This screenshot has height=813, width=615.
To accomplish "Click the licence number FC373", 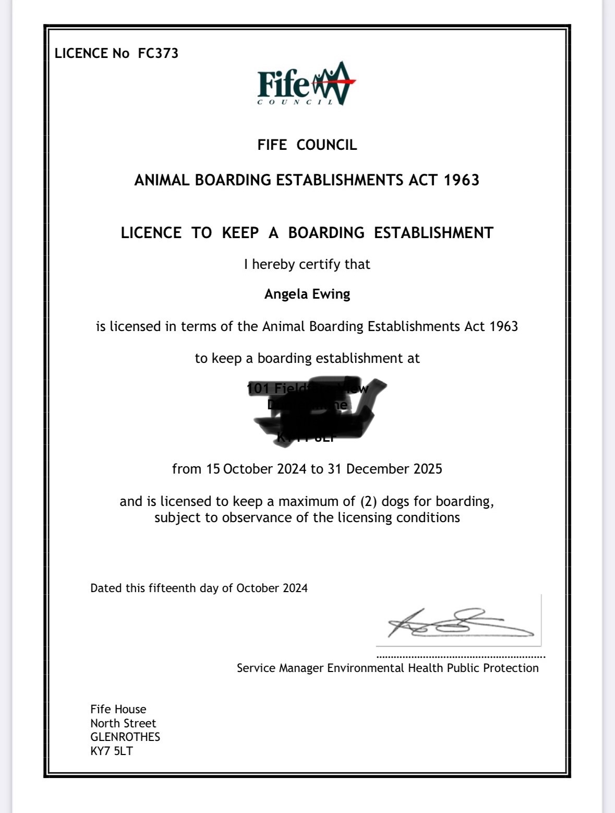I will click(158, 53).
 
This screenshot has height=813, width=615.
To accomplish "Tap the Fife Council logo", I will click(307, 84).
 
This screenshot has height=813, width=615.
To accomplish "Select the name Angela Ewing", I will click(307, 294).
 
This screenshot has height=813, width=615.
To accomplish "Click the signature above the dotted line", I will click(459, 623).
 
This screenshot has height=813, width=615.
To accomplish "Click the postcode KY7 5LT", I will click(111, 751).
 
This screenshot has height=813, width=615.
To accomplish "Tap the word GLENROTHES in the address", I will click(125, 737).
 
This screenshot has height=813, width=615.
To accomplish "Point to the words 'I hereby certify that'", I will click(307, 264).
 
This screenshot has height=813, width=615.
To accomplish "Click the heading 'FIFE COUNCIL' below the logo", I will click(307, 145).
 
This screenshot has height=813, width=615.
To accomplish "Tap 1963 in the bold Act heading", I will click(462, 180).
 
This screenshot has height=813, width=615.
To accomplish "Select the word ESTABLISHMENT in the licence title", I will click(433, 232).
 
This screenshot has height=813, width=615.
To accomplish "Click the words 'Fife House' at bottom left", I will click(118, 709).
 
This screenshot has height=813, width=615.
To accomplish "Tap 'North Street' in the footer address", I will click(123, 723).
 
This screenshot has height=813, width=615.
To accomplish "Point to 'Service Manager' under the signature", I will click(280, 668).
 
